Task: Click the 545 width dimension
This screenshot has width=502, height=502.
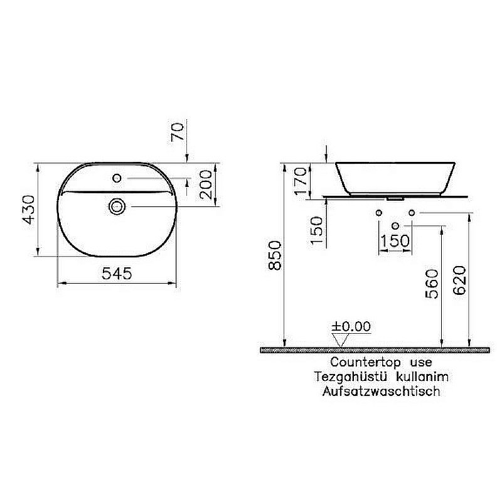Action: point(117,274)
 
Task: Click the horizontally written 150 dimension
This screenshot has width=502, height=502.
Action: point(395,240)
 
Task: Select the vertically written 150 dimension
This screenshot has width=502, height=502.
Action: point(318,230)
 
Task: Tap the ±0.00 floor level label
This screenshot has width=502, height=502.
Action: point(351,326)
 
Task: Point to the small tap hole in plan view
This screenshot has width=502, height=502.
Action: point(117,179)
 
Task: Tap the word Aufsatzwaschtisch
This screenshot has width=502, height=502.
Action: point(381,392)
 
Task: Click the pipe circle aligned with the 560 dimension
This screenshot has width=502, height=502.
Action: point(395,225)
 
